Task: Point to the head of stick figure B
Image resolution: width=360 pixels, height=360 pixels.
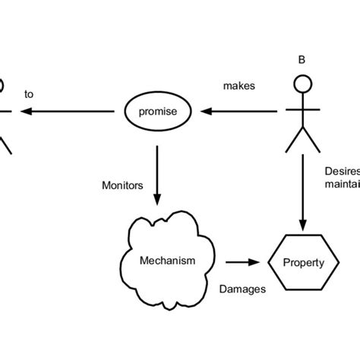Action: coord(302,84)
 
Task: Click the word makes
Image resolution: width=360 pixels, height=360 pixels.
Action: coord(240,87)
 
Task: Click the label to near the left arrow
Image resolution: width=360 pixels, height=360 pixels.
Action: coord(30,95)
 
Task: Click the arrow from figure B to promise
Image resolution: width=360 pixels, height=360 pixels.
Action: coord(239,112)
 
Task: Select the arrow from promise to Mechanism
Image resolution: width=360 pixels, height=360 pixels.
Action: coord(156,175)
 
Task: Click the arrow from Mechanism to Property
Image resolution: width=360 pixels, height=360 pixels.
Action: coord(241,263)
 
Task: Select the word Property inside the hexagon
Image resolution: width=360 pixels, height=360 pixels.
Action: coord(303,264)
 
